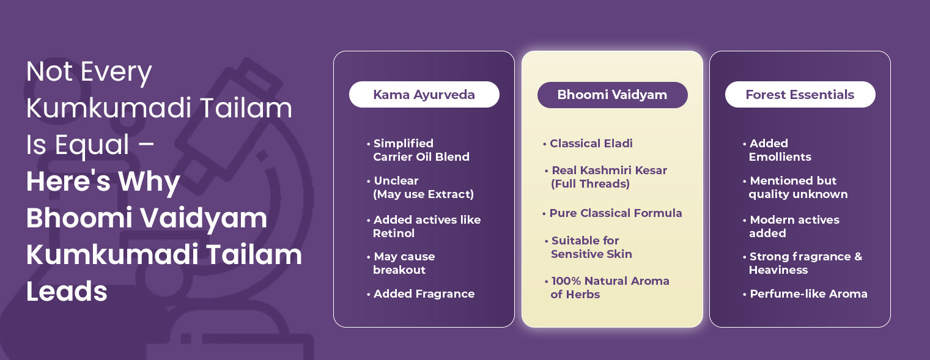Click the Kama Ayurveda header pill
[424, 95]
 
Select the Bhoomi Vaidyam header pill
[613, 95]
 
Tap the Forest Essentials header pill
[800, 95]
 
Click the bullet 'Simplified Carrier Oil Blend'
[418, 150]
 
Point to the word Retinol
[394, 233]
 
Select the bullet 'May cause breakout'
[401, 263]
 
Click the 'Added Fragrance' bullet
[421, 294]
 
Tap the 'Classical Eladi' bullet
[588, 144]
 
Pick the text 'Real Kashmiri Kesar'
[609, 171]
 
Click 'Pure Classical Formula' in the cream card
[613, 213]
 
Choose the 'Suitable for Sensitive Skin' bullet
[588, 248]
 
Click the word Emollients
[780, 157]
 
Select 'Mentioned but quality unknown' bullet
[795, 187]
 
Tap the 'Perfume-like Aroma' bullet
[805, 294]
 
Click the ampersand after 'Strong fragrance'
[858, 257]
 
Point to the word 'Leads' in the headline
[67, 291]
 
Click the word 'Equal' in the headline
[92, 145]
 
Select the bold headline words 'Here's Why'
[103, 182]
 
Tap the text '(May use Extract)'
[423, 194]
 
